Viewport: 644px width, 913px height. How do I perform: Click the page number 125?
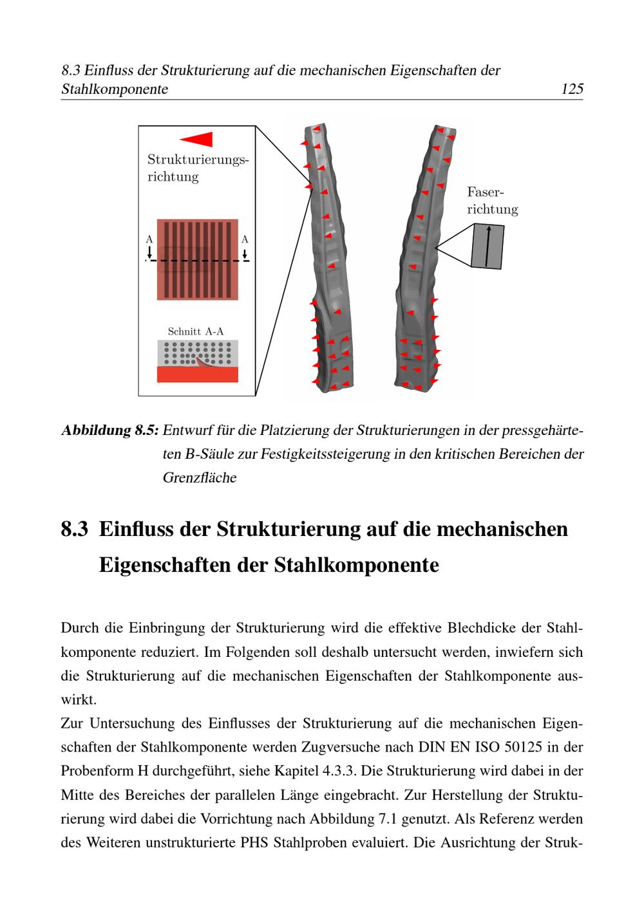click(x=572, y=89)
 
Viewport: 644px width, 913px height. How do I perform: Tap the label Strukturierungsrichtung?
click(x=198, y=167)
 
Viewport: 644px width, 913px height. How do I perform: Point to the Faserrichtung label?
click(x=492, y=200)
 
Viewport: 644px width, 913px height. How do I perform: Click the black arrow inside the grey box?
click(x=488, y=246)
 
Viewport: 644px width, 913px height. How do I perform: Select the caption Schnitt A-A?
click(x=196, y=331)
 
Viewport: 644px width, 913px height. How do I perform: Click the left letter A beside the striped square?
click(x=149, y=239)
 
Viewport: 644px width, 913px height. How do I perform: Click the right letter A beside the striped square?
click(x=245, y=239)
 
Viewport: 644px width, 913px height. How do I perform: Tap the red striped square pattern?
click(x=198, y=260)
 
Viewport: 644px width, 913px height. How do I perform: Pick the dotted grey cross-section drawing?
click(x=198, y=361)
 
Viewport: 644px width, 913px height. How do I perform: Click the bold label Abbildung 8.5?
click(x=110, y=430)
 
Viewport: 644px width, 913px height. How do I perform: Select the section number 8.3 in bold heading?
click(x=75, y=529)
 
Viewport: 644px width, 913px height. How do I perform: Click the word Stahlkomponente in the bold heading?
click(x=356, y=565)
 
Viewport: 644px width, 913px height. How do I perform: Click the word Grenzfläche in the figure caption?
click(x=200, y=477)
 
